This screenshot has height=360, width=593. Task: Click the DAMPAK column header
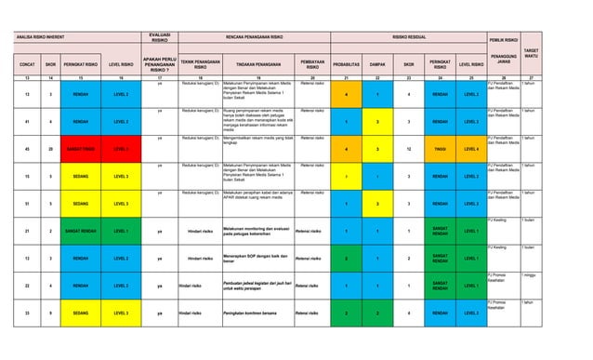click(378, 65)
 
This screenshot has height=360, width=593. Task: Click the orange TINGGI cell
click(441, 149)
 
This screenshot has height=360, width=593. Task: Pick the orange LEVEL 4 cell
click(471, 149)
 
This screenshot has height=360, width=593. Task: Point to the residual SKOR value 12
click(409, 149)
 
